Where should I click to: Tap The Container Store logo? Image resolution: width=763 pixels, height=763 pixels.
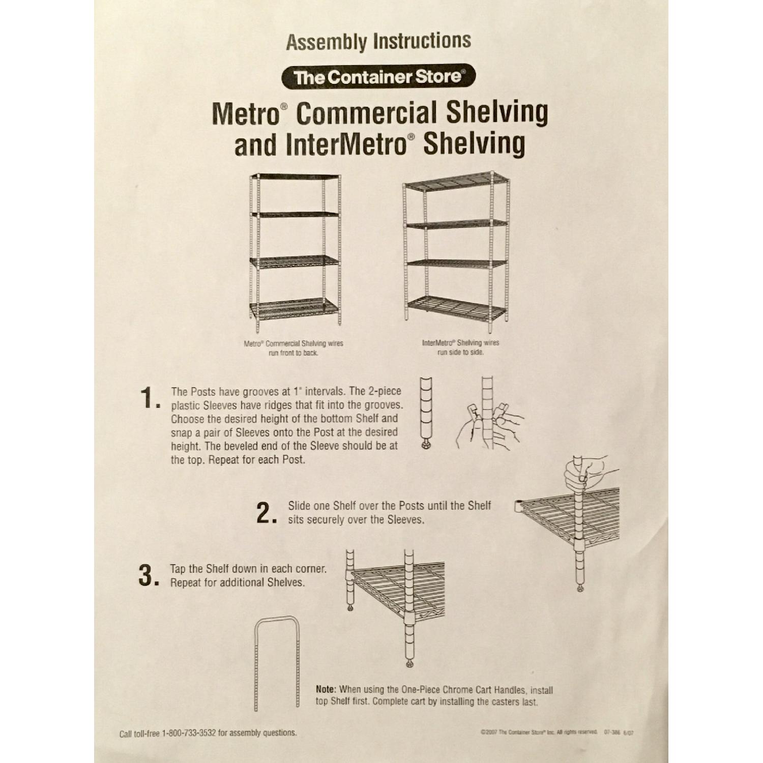[x=378, y=77]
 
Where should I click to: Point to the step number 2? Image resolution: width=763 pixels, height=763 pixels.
[x=267, y=514]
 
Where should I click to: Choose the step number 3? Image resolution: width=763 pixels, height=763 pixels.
[x=149, y=576]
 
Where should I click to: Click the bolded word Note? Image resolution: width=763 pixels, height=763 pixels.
[x=326, y=690]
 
